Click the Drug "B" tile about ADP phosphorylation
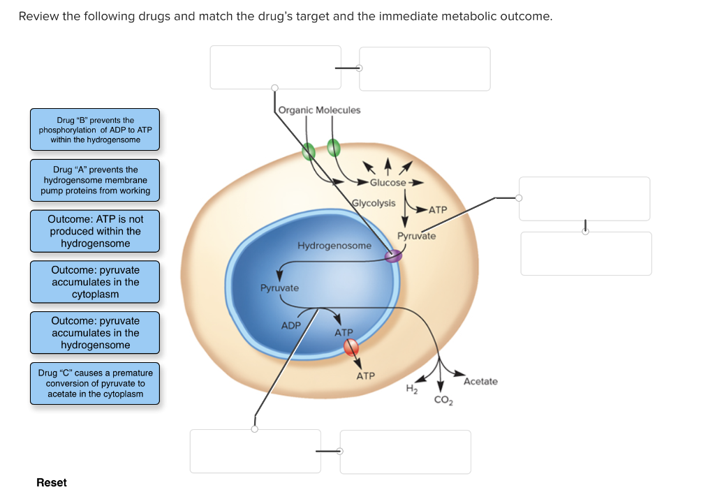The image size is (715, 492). [x=95, y=130]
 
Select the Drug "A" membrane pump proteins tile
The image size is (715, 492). [x=95, y=180]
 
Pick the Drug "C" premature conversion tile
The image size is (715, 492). [x=95, y=384]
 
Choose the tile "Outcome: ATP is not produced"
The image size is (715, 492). [x=95, y=231]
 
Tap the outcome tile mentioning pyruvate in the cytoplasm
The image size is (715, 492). [x=95, y=282]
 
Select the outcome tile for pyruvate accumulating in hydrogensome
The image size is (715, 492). [x=95, y=333]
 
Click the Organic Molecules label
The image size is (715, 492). [x=320, y=110]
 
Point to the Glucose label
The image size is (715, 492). [x=388, y=183]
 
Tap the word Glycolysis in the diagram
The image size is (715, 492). [x=374, y=203]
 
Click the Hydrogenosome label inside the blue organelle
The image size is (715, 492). [x=334, y=246]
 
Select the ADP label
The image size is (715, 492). [x=290, y=326]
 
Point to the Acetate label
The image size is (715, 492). [x=480, y=381]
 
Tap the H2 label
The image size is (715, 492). [x=411, y=389]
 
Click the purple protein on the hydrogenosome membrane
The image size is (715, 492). [x=394, y=257]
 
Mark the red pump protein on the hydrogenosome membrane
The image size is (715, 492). [x=351, y=347]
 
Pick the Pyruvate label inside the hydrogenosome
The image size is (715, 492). [x=279, y=288]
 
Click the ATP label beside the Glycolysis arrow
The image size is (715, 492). [x=437, y=209]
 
